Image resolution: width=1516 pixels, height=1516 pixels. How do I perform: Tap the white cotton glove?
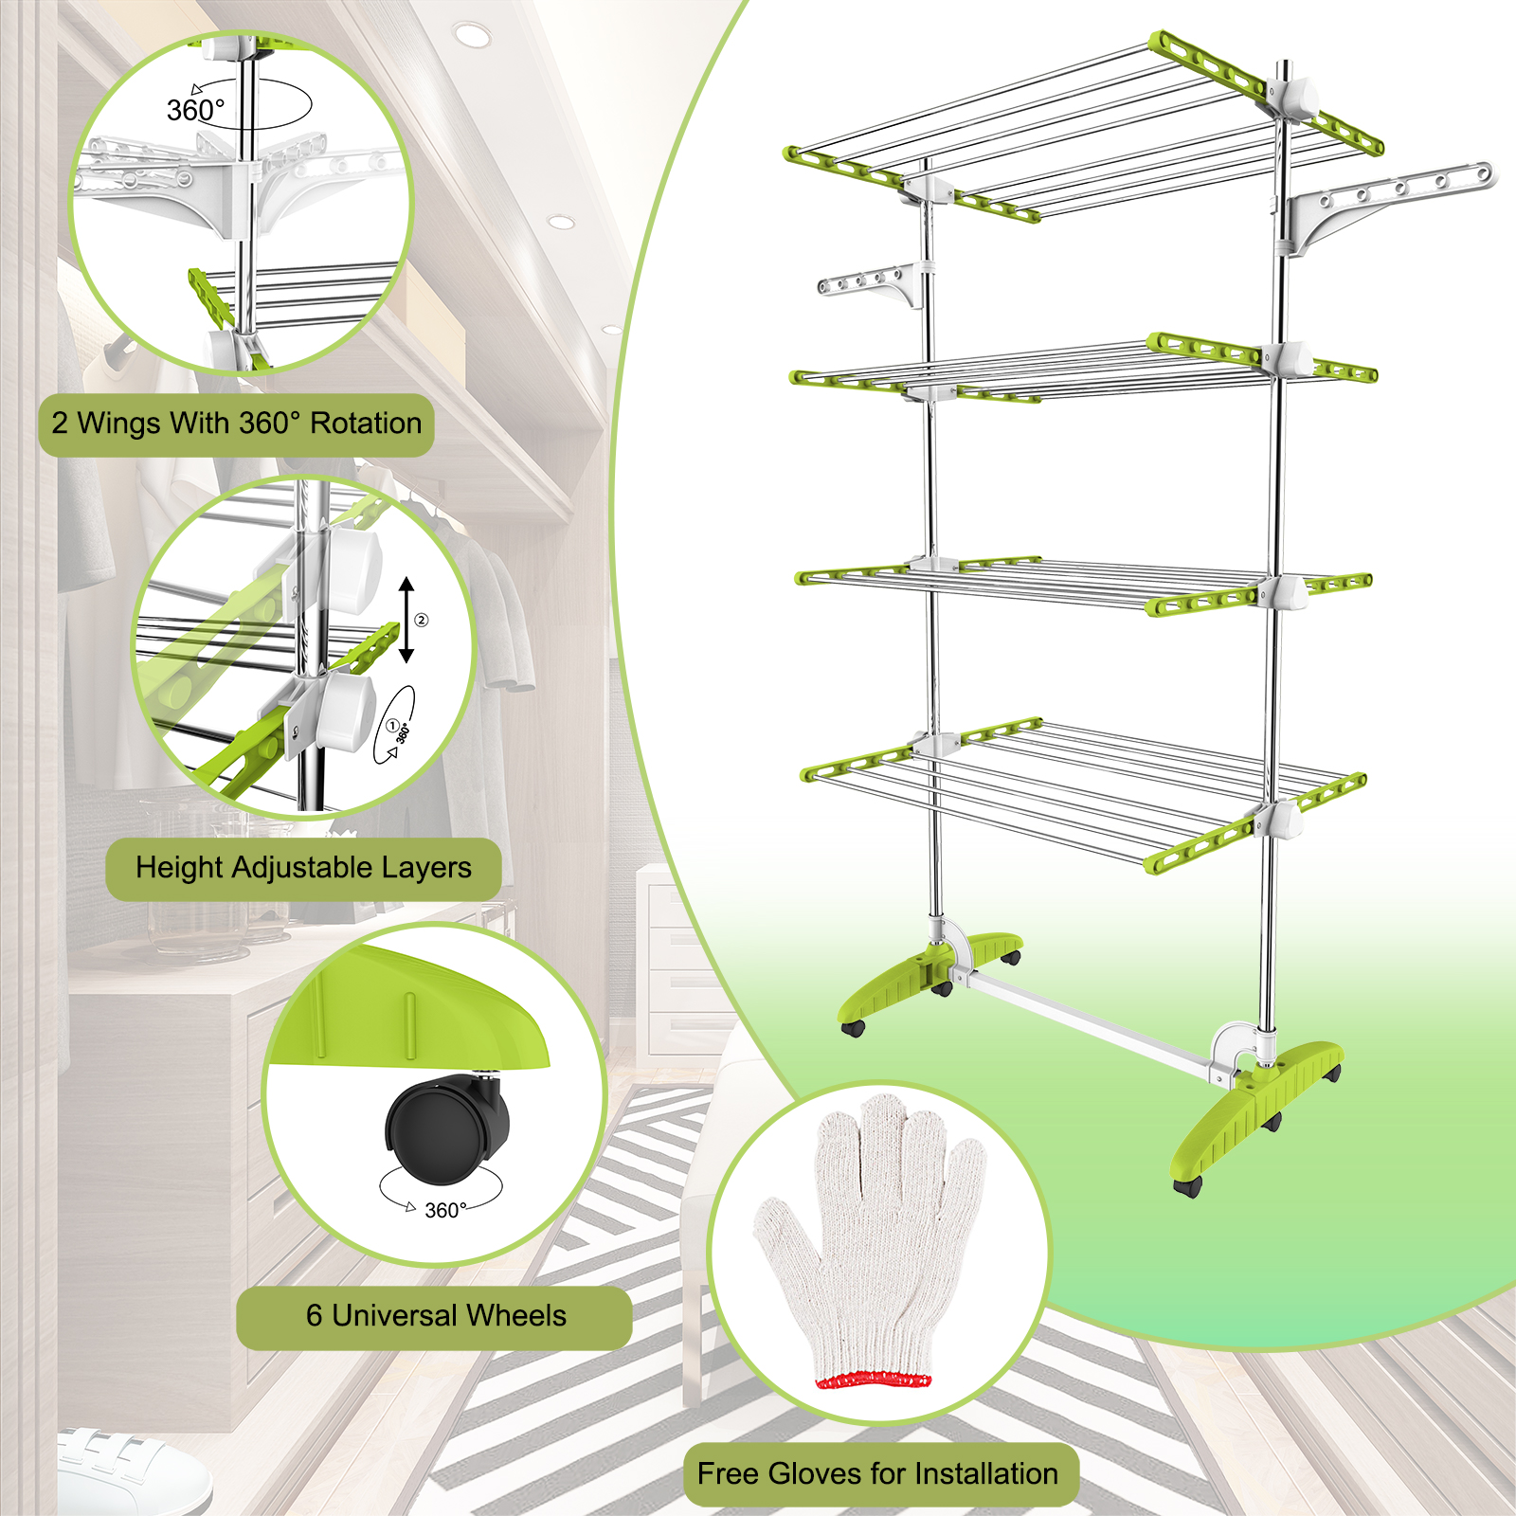click(870, 1236)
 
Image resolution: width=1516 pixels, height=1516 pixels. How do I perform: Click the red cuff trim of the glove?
click(874, 1380)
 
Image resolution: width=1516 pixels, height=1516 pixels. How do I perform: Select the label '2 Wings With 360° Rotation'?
click(237, 424)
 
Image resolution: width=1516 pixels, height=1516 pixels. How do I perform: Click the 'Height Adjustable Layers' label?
click(303, 868)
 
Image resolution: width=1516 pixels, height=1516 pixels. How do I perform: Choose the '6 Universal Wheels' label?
click(435, 1317)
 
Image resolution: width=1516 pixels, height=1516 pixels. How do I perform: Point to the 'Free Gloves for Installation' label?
click(878, 1474)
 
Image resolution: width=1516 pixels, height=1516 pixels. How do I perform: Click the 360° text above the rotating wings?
click(195, 111)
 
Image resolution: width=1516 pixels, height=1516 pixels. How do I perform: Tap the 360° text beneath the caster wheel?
click(445, 1211)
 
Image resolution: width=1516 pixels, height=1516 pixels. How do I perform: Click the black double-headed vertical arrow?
click(406, 620)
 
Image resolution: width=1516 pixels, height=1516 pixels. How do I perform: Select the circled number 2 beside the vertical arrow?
click(422, 621)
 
